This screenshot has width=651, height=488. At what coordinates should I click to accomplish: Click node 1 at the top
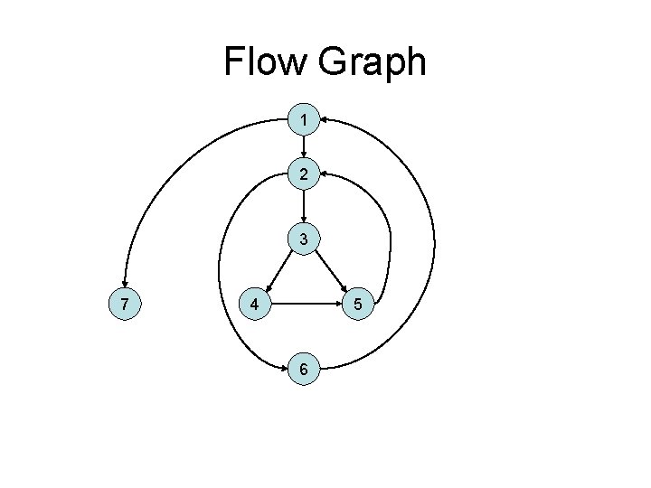[306, 119]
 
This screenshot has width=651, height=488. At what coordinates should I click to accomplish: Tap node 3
[306, 239]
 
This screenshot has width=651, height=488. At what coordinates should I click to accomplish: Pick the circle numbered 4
[255, 305]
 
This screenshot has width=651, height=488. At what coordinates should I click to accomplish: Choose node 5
[358, 305]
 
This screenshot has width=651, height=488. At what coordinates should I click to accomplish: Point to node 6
[306, 370]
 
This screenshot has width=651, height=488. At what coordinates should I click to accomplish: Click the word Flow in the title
[264, 62]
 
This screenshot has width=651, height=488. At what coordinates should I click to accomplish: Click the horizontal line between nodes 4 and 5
[307, 305]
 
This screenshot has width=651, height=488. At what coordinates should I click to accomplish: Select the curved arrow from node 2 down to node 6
[220, 271]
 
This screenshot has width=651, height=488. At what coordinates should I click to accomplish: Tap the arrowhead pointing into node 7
[126, 284]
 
